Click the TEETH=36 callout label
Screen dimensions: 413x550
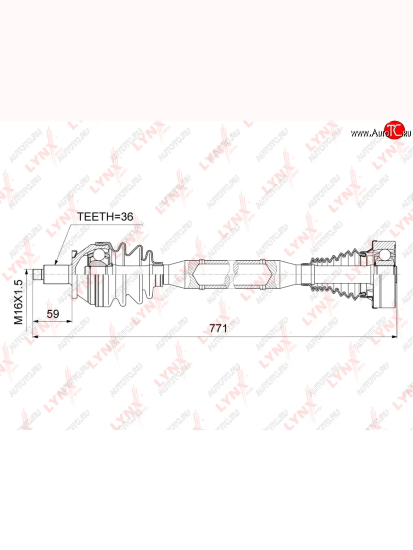(105, 216)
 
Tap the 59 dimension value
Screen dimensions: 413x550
(53, 313)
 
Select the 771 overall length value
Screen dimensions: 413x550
(218, 328)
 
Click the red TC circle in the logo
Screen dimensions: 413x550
(395, 130)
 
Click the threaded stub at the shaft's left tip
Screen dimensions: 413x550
(38, 275)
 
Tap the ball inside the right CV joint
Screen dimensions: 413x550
(384, 255)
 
